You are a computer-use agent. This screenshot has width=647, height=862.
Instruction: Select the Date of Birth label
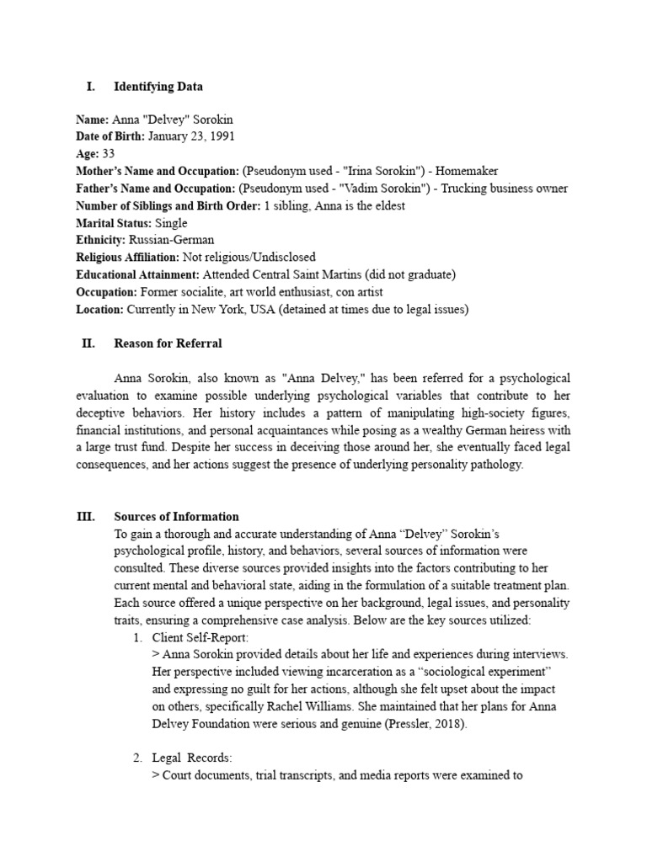pyautogui.click(x=110, y=136)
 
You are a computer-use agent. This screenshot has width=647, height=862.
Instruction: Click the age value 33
pyautogui.click(x=108, y=154)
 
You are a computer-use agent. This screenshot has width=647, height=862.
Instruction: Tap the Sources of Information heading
pyautogui.click(x=176, y=517)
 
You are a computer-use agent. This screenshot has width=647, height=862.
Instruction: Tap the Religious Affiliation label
pyautogui.click(x=126, y=257)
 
